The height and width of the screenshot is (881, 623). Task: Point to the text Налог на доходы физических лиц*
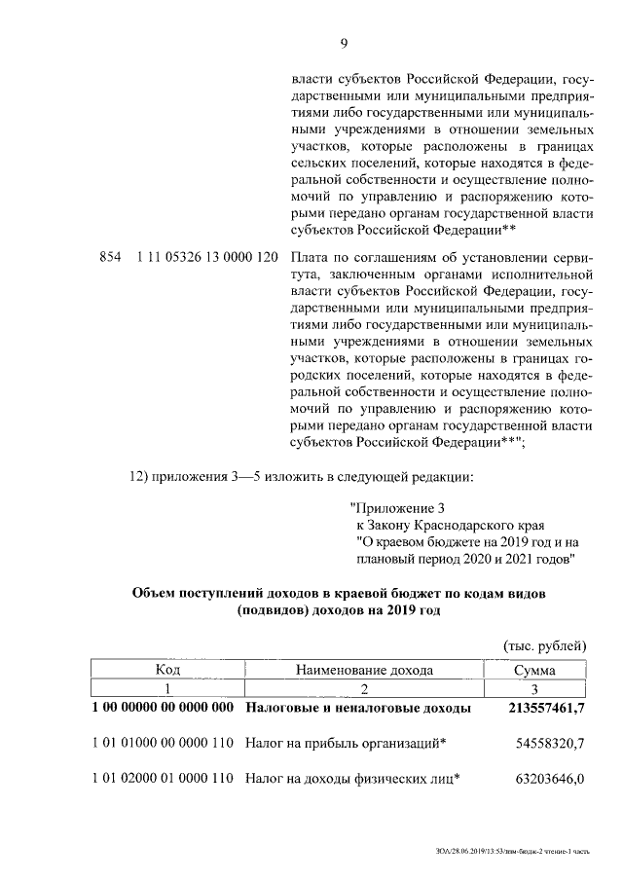pyautogui.click(x=351, y=779)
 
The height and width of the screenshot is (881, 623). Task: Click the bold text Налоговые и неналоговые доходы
pyautogui.click(x=358, y=709)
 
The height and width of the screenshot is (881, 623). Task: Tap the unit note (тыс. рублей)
pyautogui.click(x=544, y=644)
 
